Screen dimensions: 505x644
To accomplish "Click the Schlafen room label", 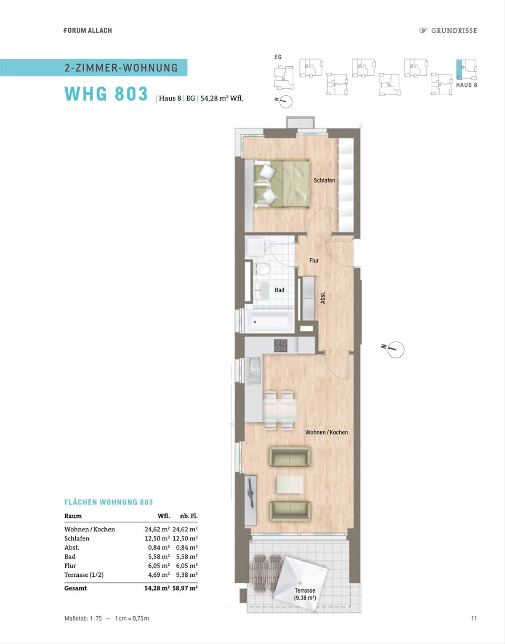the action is pos(324,180).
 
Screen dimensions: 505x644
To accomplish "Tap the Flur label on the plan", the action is pos(314,260).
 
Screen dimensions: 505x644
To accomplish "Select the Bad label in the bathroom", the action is pos(279,290).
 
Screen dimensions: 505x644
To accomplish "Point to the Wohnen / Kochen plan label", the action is pos(327,432).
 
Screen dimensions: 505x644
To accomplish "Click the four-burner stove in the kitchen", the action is pos(281,345).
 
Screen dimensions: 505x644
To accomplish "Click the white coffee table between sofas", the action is pos(290,484).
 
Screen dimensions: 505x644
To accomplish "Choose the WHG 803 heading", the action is pos(106,94).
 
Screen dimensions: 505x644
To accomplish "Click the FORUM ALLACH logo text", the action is pos(88,30).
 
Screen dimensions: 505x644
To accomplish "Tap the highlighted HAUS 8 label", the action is pos(466,85).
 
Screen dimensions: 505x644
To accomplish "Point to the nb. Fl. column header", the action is pos(189,516).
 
